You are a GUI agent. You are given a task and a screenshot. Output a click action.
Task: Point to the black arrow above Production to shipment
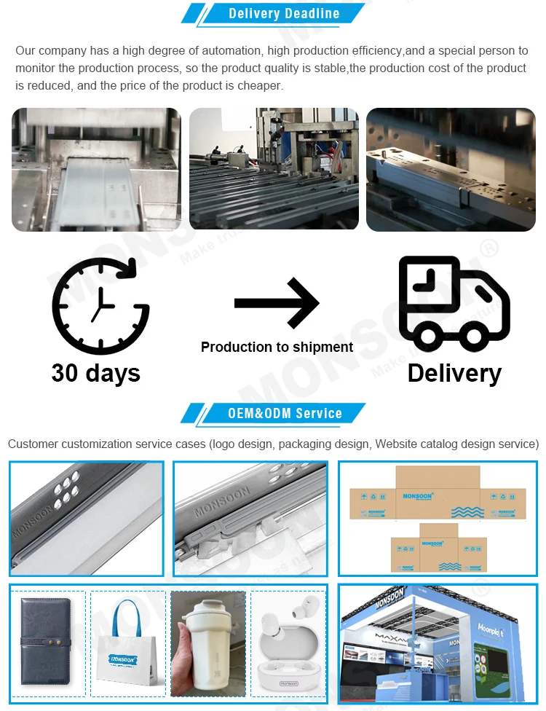click(x=277, y=302)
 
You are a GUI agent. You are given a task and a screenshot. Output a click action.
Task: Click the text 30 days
click(x=95, y=373)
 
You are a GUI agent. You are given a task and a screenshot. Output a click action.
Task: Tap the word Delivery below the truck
click(x=454, y=373)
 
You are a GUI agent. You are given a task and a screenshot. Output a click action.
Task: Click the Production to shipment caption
click(x=277, y=347)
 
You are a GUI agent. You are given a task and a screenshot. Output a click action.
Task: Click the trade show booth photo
click(x=438, y=644)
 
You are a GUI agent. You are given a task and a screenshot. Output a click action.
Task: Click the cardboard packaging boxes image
click(x=438, y=518)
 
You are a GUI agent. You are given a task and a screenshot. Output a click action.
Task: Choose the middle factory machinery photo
click(x=274, y=169)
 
